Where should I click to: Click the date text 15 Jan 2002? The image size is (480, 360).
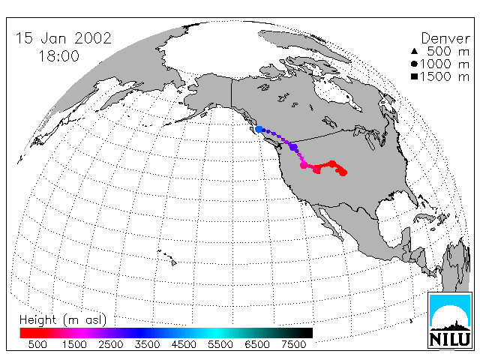click(x=63, y=38)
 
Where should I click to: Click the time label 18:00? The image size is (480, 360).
click(x=58, y=56)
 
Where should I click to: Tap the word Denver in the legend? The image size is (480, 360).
click(x=445, y=38)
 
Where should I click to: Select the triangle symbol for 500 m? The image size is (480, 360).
click(x=414, y=51)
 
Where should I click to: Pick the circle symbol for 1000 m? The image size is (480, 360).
click(x=414, y=64)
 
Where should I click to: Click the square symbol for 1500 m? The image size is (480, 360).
click(x=414, y=76)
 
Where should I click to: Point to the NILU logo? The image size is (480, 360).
click(x=450, y=320)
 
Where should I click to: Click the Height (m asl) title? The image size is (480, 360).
click(x=63, y=319)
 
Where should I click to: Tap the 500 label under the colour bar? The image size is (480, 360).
click(x=37, y=344)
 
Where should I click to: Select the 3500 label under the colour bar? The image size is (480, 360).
click(x=147, y=344)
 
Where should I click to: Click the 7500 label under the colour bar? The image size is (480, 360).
click(x=293, y=344)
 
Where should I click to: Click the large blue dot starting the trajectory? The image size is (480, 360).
click(x=259, y=129)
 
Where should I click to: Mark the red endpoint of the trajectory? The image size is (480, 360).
click(x=343, y=172)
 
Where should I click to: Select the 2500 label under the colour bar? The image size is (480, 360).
click(x=110, y=344)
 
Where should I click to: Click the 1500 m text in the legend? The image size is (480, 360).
click(x=445, y=76)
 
